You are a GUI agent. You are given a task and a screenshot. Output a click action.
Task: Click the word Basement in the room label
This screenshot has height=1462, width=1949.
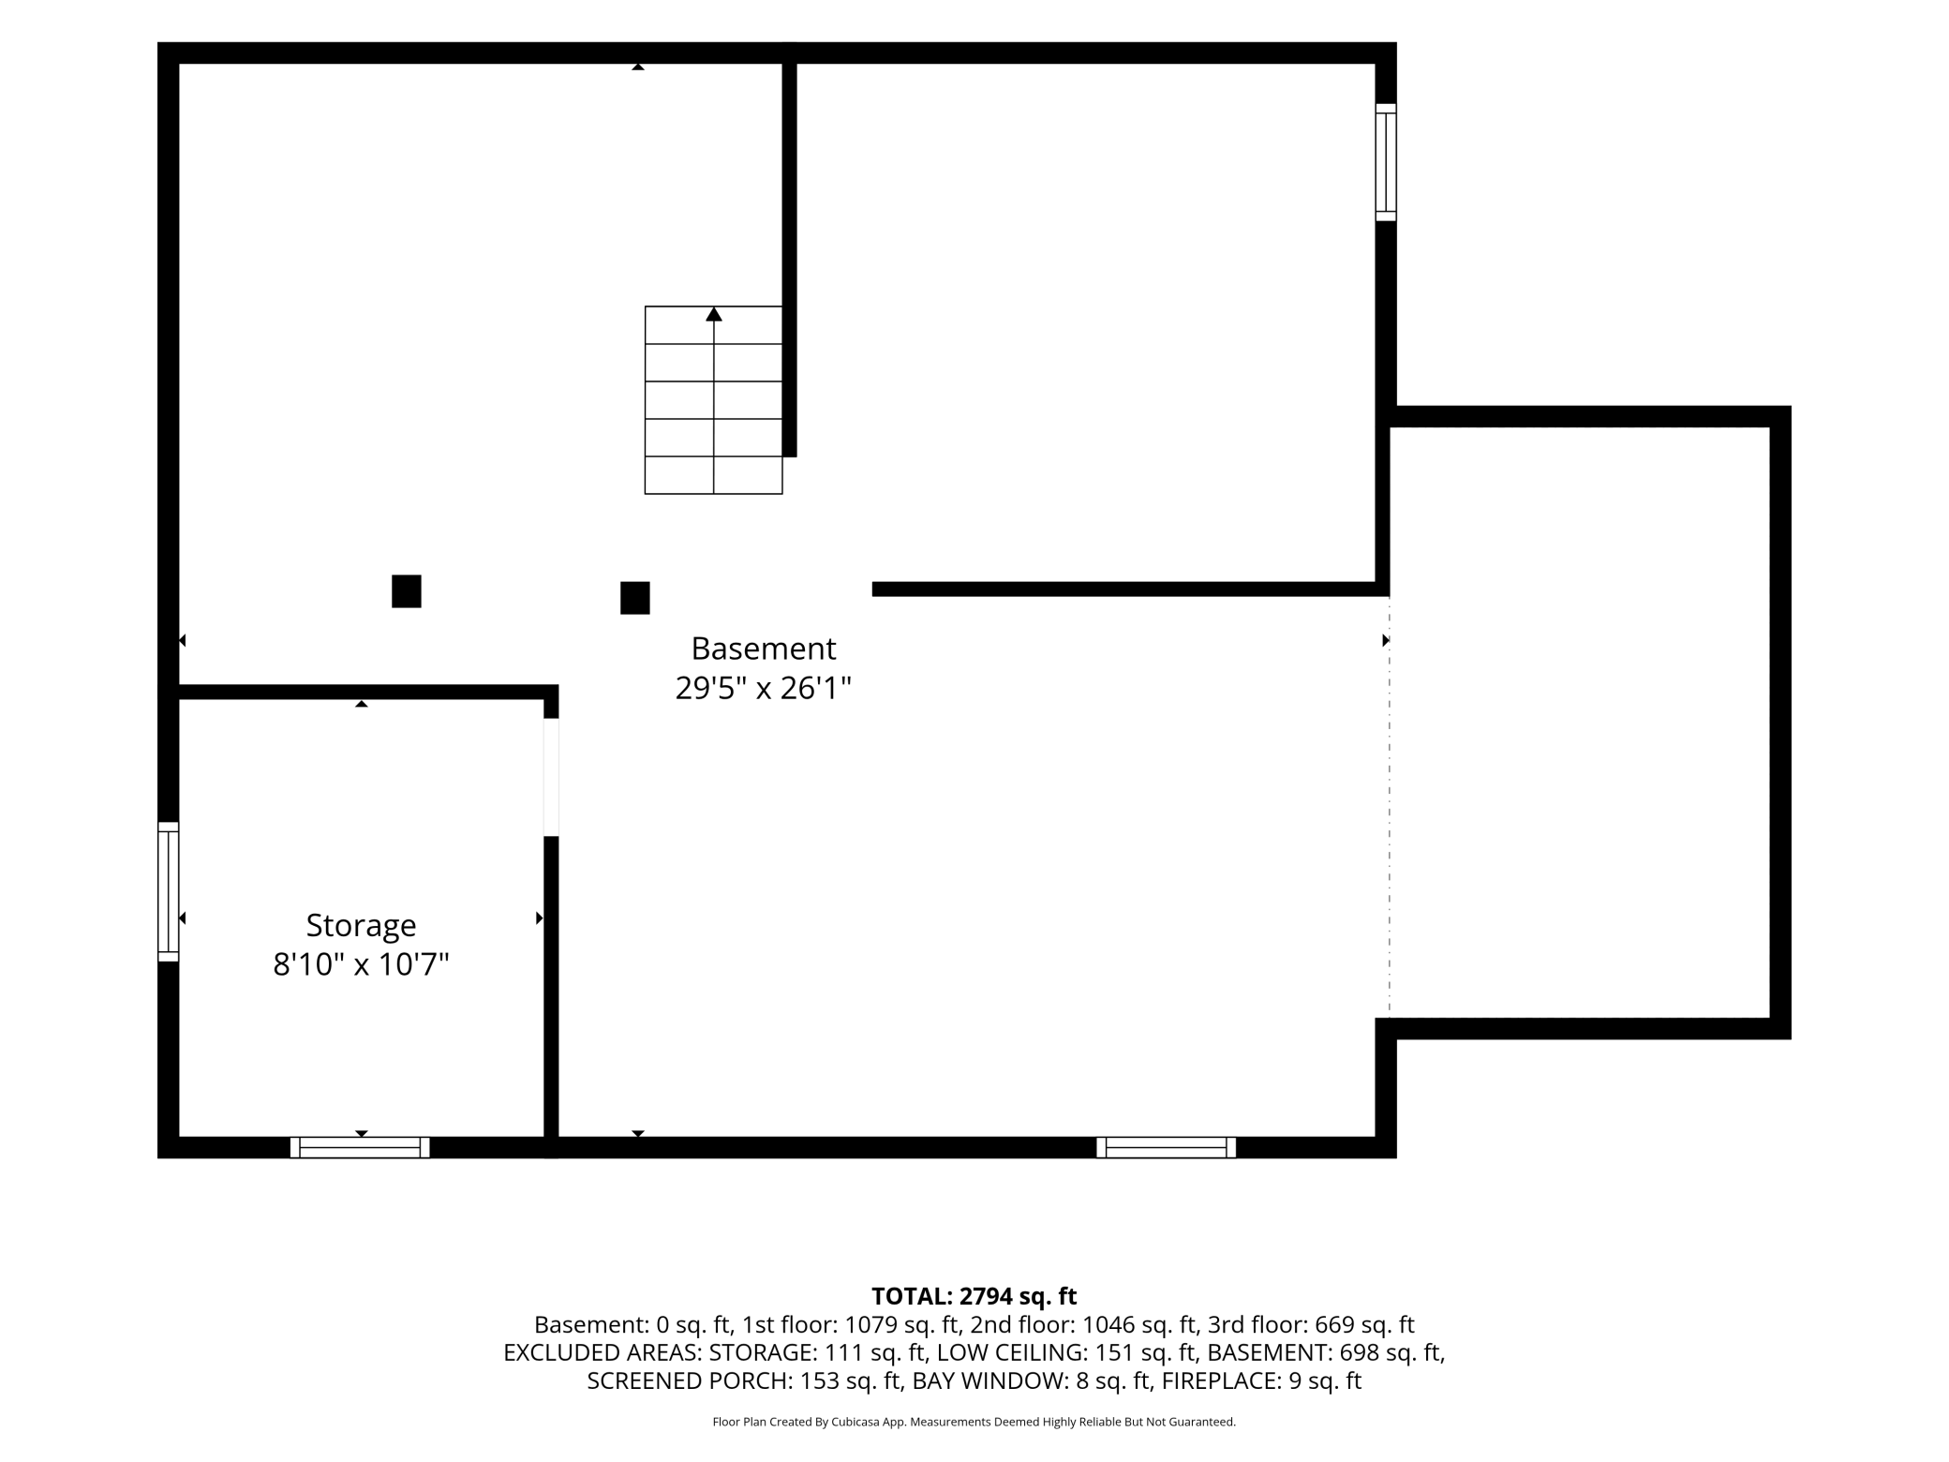coord(764,649)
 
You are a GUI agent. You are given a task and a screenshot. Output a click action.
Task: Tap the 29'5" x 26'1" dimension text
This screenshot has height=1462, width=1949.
coord(764,689)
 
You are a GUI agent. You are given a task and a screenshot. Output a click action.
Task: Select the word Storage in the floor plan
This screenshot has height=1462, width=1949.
coord(361,927)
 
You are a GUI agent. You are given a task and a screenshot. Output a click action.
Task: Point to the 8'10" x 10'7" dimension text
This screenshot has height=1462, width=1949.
coord(361,964)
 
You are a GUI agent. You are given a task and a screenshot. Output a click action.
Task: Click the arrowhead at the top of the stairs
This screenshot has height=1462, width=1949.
coord(714,314)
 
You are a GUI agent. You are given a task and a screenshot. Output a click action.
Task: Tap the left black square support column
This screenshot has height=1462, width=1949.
coord(407,591)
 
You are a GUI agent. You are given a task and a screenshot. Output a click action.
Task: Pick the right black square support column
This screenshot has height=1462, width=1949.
coord(635,598)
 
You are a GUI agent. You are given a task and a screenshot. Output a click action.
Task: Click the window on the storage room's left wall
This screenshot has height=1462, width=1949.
coord(168,891)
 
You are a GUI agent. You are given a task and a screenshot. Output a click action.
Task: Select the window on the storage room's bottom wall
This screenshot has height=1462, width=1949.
coord(360,1147)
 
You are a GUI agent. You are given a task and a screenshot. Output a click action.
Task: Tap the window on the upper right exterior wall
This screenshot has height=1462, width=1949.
coord(1386,162)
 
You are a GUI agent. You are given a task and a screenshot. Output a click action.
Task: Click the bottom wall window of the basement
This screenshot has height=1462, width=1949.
coord(1167,1147)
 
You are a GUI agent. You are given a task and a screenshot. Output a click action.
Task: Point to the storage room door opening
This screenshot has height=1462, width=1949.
coord(552,777)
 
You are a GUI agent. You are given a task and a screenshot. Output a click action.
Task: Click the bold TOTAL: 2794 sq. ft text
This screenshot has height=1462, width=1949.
coord(974,1296)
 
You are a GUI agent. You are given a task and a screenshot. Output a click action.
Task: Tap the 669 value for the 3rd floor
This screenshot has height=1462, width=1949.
coord(1335,1324)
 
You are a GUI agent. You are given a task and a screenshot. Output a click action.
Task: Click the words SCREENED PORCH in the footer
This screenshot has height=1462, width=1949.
coord(690,1380)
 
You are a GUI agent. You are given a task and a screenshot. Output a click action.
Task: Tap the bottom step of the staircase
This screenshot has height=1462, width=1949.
coord(714,475)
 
